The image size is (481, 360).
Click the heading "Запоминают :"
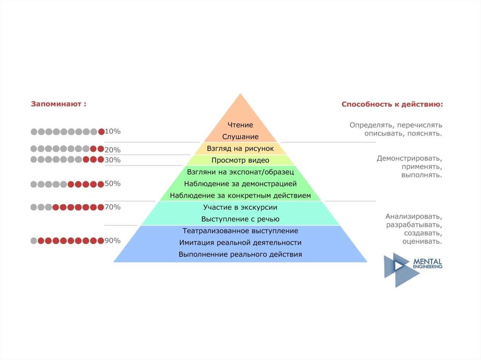[59, 104]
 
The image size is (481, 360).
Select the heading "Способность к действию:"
[392, 104]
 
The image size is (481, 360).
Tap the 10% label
[113, 131]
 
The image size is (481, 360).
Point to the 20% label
[113, 150]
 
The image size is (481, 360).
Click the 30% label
[113, 160]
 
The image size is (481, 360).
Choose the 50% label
[113, 184]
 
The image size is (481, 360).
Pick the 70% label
[113, 207]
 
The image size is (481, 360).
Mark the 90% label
[113, 241]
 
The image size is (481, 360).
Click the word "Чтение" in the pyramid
[240, 125]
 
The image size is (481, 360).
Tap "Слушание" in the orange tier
[240, 137]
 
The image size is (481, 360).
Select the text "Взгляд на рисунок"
[240, 148]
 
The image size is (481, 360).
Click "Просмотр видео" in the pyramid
[240, 160]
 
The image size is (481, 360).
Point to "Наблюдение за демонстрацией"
[240, 184]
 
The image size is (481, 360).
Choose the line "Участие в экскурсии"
[240, 207]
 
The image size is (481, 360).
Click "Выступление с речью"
[240, 219]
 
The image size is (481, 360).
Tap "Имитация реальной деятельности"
[240, 243]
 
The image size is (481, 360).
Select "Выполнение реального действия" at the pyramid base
[240, 254]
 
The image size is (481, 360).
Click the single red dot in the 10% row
[101, 132]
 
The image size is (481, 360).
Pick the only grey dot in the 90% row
[33, 241]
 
